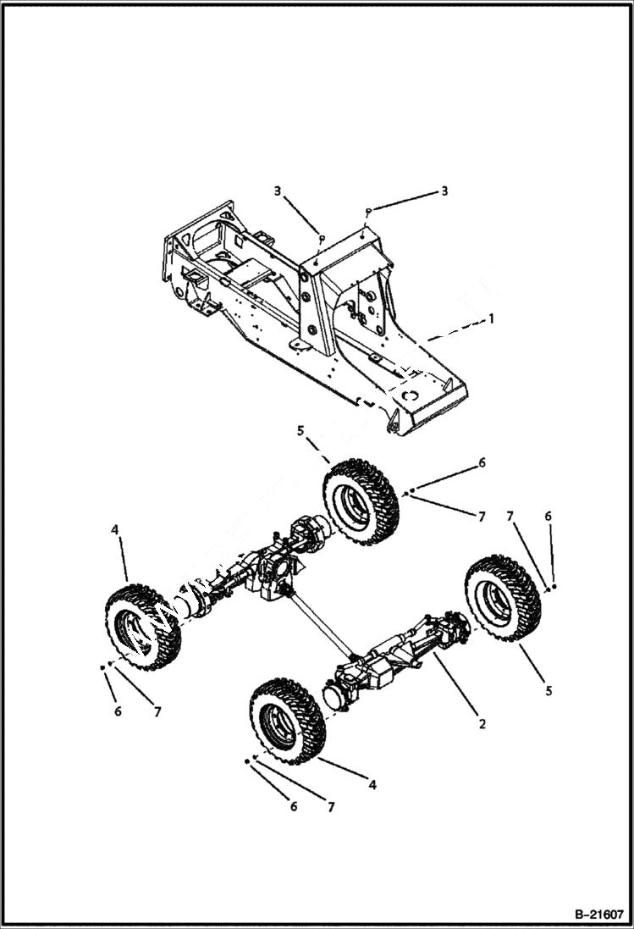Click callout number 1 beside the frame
click(489, 320)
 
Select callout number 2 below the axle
click(482, 724)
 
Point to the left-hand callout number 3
click(277, 191)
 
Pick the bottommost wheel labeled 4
click(287, 720)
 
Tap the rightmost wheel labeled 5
click(504, 598)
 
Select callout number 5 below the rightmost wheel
click(549, 691)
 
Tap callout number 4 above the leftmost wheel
click(115, 530)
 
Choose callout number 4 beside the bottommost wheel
click(372, 785)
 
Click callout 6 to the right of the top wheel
click(482, 462)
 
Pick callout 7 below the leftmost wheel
click(157, 711)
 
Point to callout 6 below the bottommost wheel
click(294, 806)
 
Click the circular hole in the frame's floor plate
click(411, 395)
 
